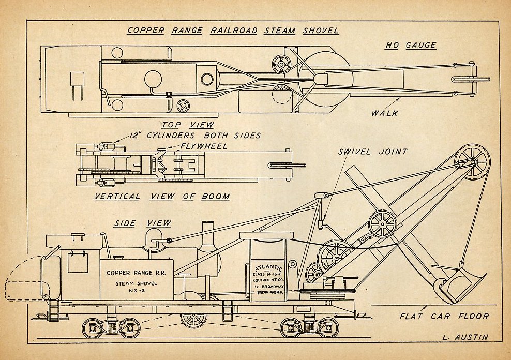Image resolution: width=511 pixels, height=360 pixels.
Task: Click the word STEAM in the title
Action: click(280, 31)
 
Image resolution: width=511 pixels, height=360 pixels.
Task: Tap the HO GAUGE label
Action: click(411, 45)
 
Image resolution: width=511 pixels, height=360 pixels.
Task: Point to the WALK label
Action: click(385, 113)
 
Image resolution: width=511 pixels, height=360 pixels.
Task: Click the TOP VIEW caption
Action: click(188, 125)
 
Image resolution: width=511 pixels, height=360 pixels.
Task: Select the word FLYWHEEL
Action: click(204, 146)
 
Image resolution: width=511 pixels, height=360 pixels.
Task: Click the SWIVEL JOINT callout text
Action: click(373, 152)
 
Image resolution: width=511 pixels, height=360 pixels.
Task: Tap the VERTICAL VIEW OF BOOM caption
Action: click(162, 197)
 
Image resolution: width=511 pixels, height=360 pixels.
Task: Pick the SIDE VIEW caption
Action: click(142, 223)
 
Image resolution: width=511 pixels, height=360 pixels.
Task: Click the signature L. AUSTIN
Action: click(465, 337)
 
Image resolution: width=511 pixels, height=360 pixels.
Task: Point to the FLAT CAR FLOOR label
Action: click(444, 316)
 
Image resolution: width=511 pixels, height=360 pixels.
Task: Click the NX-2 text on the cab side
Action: click(137, 291)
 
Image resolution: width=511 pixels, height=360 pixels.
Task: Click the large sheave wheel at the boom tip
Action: click(473, 162)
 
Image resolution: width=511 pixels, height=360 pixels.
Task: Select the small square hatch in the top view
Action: click(77, 79)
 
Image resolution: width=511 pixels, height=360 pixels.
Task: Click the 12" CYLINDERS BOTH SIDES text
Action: click(195, 136)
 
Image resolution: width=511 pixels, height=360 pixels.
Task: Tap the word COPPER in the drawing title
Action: click(146, 31)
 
